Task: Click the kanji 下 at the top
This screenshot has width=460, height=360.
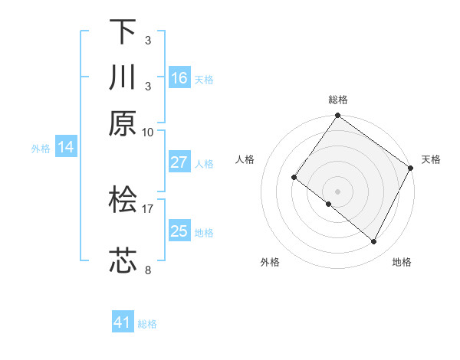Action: [x=123, y=32]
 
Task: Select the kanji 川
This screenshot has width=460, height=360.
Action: [x=123, y=77]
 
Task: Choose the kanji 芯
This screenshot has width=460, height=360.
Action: [x=123, y=260]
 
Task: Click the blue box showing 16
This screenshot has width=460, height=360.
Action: [x=179, y=78]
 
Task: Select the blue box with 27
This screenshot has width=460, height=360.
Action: [x=179, y=162]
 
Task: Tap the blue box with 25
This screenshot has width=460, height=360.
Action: [x=179, y=231]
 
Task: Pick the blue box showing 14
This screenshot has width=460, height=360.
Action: [x=65, y=147]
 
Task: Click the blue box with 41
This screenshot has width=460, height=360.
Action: [x=123, y=322]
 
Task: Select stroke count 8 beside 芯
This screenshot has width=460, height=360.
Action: [x=147, y=270]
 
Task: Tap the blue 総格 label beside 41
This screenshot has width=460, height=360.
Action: [x=147, y=324]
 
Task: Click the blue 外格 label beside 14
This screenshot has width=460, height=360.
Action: [x=41, y=149]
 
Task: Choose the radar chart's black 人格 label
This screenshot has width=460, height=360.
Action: [x=245, y=159]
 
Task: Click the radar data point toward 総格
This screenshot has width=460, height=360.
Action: [x=337, y=116]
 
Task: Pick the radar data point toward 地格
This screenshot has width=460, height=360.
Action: [x=374, y=242]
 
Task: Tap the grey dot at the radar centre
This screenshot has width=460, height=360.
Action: [x=337, y=191]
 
